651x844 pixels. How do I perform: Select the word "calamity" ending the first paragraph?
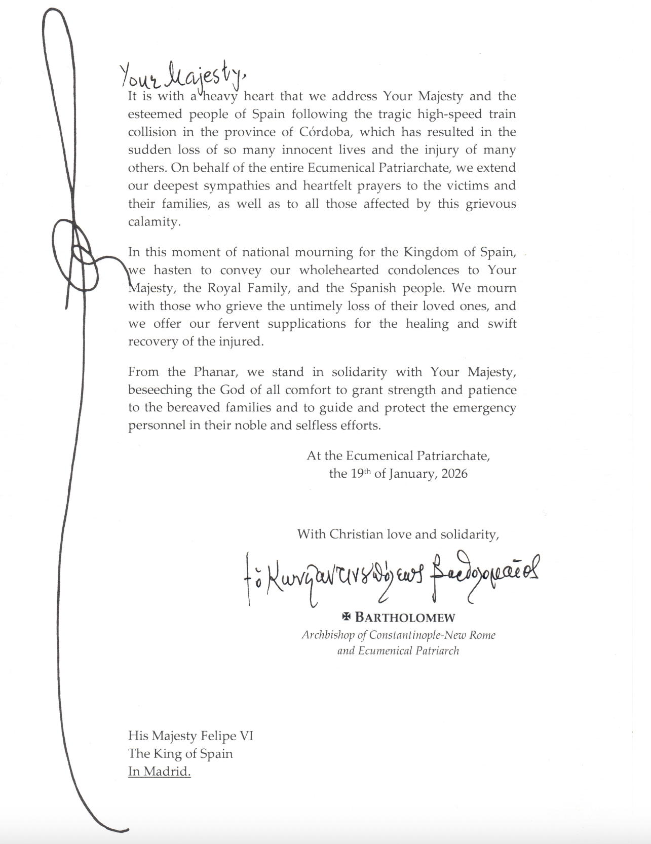(x=152, y=222)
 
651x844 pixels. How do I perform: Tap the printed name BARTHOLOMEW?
(x=405, y=618)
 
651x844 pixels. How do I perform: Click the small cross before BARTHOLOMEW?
(x=347, y=617)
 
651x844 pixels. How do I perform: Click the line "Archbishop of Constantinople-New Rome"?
(x=398, y=635)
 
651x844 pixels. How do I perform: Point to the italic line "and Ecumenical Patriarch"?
(x=398, y=650)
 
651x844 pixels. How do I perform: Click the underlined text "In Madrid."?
(x=159, y=772)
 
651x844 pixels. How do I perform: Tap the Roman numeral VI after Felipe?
(x=245, y=735)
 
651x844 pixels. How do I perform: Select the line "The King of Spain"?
(x=180, y=753)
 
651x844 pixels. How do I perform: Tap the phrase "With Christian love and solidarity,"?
(x=398, y=534)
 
